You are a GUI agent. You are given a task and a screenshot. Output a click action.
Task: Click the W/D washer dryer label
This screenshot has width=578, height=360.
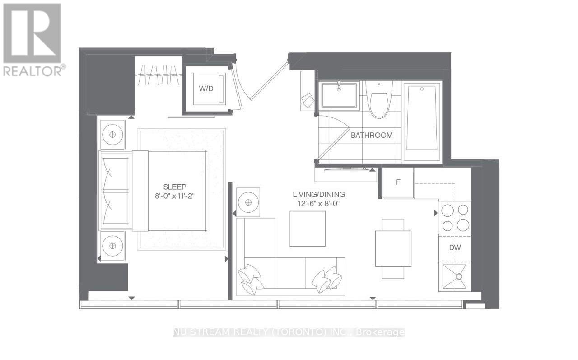click(206, 89)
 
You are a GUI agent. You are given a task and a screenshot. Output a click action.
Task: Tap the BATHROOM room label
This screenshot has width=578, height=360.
click(372, 135)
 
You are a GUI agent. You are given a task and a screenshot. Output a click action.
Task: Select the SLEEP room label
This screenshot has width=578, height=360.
click(175, 187)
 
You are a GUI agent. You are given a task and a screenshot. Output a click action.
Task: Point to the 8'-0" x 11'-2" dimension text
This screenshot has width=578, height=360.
click(175, 196)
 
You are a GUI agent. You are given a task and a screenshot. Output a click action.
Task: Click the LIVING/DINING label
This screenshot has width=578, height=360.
click(318, 195)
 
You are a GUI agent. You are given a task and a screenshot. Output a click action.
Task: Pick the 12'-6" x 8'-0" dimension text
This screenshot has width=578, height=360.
click(318, 203)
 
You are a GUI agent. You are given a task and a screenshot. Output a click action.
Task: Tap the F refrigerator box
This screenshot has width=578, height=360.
click(398, 182)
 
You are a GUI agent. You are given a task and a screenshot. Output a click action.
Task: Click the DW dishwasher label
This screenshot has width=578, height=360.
click(454, 248)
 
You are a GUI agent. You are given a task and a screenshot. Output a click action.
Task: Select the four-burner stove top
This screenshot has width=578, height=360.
click(454, 218)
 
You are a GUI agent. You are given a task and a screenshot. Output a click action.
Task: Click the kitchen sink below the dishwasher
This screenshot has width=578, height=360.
click(454, 278)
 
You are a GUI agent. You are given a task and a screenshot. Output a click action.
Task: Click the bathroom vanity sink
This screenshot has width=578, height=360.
click(339, 95)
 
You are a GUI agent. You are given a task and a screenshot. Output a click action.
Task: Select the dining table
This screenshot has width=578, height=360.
click(393, 248)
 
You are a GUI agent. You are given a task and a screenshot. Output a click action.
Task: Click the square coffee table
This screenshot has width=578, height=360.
click(308, 229)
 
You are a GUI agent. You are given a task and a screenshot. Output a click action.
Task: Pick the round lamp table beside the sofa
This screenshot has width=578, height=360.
click(248, 200)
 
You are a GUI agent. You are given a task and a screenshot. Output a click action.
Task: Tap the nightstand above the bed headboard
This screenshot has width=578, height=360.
click(112, 135)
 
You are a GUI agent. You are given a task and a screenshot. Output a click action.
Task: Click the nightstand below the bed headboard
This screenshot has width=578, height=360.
click(112, 246)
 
